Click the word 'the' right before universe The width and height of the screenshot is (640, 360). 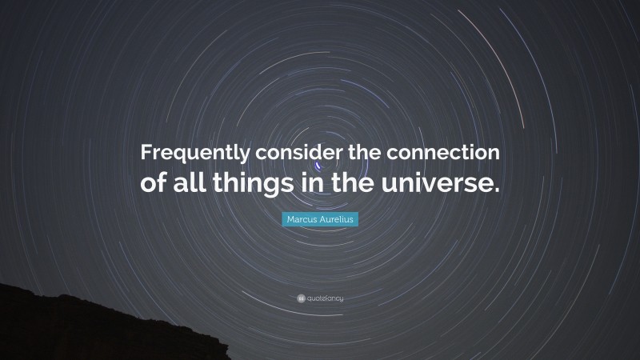coord(352,183)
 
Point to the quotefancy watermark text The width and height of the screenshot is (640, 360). coord(325,298)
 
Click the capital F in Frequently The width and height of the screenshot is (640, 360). coord(146,151)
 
